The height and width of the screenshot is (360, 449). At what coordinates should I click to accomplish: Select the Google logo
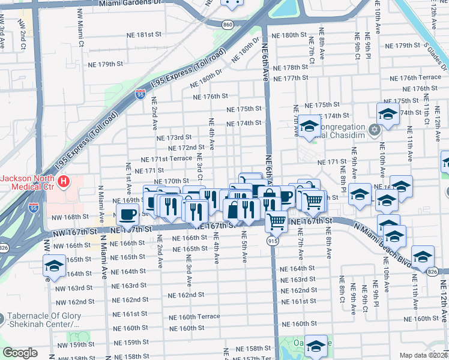pyautogui.click(x=20, y=353)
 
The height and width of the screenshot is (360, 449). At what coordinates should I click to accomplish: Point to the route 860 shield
pyautogui.click(x=228, y=25)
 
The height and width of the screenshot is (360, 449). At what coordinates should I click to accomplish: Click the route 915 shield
pyautogui.click(x=273, y=240)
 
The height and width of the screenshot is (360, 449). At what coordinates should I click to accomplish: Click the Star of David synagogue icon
pyautogui.click(x=375, y=130)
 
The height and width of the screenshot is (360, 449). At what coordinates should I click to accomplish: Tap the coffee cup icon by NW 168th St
pyautogui.click(x=127, y=214)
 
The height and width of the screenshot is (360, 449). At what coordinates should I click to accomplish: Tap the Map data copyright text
pyautogui.click(x=424, y=355)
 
